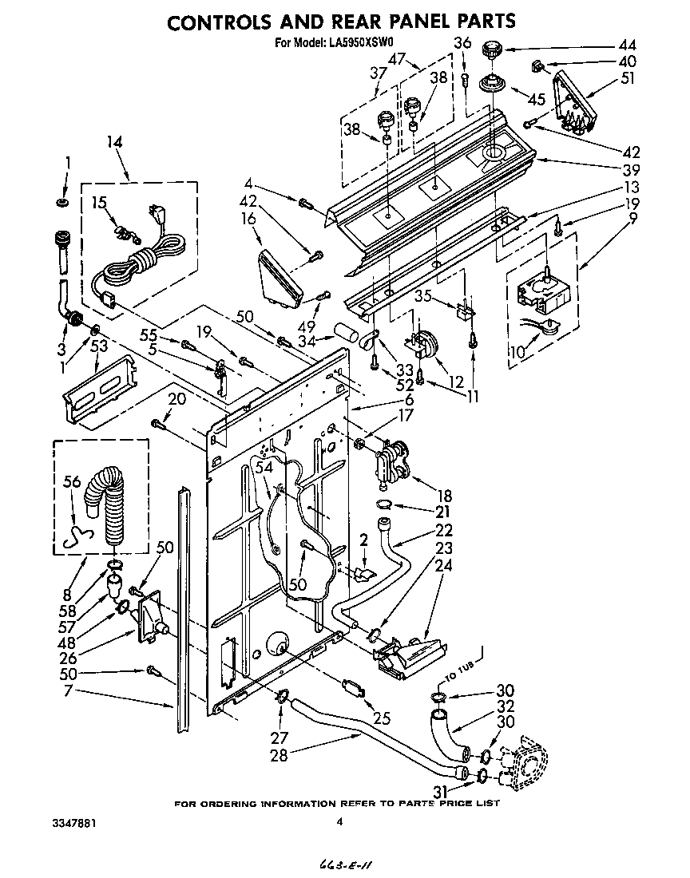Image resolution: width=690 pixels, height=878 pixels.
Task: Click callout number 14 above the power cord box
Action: click(116, 144)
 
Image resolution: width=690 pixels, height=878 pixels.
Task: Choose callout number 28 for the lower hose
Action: click(279, 755)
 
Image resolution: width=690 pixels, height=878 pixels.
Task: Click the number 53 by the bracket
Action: click(99, 345)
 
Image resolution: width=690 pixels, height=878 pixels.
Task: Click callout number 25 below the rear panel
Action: click(382, 718)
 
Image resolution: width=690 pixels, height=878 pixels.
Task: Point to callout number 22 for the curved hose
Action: click(444, 528)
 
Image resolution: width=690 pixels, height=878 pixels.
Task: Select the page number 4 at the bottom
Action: click(339, 821)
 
